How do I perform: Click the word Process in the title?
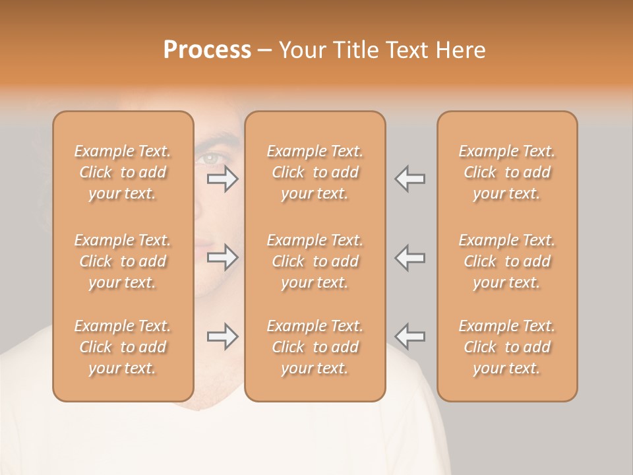(207, 50)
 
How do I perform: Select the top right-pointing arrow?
(223, 179)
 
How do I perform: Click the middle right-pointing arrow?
(223, 257)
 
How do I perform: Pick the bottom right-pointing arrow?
(223, 336)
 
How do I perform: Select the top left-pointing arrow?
(409, 179)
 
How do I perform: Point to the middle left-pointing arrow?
(409, 257)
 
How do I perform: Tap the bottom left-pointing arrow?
(409, 336)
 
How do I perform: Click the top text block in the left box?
(123, 172)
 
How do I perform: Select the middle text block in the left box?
(123, 261)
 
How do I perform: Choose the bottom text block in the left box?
(123, 347)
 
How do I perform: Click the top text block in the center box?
(315, 172)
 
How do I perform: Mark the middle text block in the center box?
(315, 261)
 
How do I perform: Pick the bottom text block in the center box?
(315, 347)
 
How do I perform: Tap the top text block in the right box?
(507, 172)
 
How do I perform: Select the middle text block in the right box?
(507, 261)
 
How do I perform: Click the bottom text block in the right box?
(507, 347)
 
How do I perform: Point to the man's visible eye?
(210, 158)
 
